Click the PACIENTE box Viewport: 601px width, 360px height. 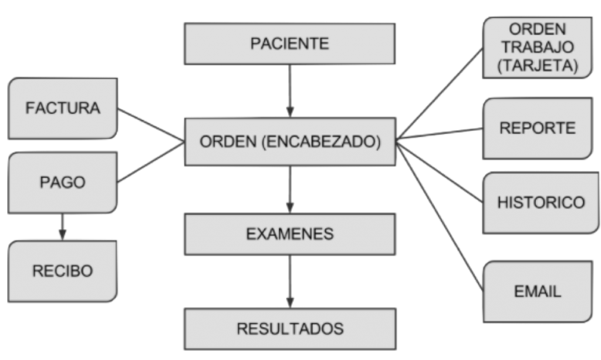[290, 44]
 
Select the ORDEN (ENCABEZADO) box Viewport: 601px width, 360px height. [290, 142]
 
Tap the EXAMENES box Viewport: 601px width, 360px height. [290, 234]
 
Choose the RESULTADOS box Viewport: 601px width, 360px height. [290, 328]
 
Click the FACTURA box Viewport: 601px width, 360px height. [63, 109]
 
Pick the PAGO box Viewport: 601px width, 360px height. [63, 183]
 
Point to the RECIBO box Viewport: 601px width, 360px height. [63, 271]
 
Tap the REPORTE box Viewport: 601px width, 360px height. [537, 128]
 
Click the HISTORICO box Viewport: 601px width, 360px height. [541, 203]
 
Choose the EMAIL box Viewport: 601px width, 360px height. [537, 291]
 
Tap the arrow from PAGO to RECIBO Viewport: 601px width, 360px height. [63, 227]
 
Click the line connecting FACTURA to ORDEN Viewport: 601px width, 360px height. [150, 125]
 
